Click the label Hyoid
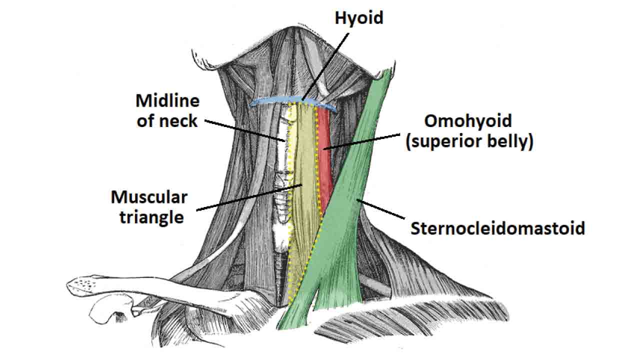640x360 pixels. pyautogui.click(x=358, y=18)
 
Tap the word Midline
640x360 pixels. pyautogui.click(x=167, y=101)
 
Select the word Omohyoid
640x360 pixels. pyautogui.click(x=468, y=121)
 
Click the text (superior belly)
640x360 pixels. pyautogui.click(x=469, y=141)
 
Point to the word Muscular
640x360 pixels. pyautogui.click(x=149, y=197)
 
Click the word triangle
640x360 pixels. pyautogui.click(x=151, y=217)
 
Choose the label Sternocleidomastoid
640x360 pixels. pyautogui.click(x=497, y=228)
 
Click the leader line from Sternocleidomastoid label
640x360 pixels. pyautogui.click(x=382, y=209)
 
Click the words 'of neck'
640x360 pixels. pyautogui.click(x=167, y=121)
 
